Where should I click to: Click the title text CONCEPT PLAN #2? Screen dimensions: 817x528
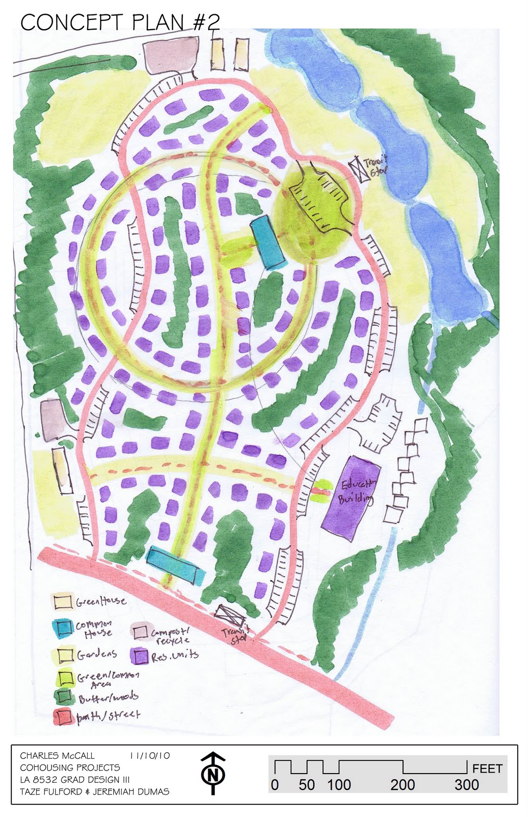120,22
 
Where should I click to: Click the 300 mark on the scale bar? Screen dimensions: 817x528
466,785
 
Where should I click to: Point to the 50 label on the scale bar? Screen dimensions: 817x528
307,785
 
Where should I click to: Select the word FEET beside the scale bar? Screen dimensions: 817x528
487,768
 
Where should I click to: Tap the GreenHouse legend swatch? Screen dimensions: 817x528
63,601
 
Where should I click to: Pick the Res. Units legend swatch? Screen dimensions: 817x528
139,656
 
